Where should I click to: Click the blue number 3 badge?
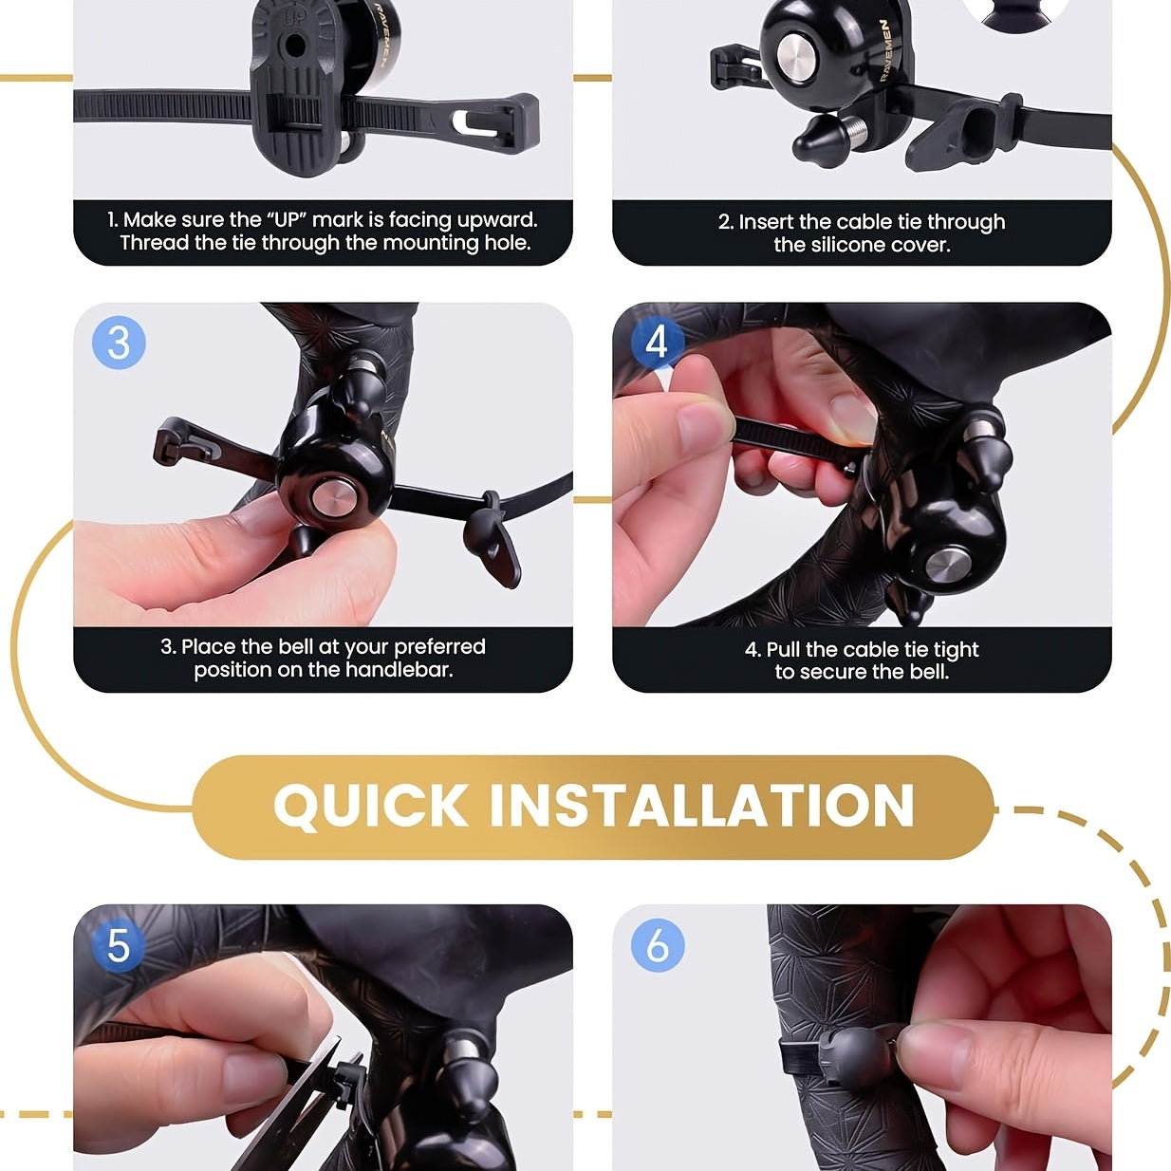coord(119,343)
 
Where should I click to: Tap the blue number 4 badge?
coord(657,342)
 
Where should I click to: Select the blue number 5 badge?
coord(118,946)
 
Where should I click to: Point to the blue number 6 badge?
coord(658,945)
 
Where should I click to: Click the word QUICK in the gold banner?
coord(370,807)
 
